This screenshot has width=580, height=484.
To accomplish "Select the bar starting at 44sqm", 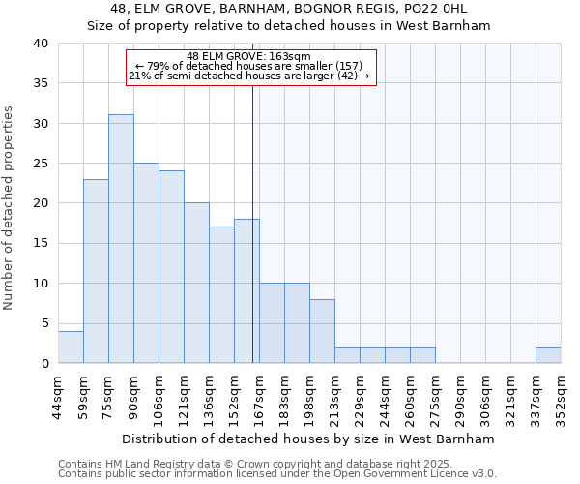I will pyautogui.click(x=71, y=347).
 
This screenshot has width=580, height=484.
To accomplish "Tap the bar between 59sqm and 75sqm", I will pyautogui.click(x=96, y=271).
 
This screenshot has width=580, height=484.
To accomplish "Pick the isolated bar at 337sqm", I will pyautogui.click(x=548, y=355).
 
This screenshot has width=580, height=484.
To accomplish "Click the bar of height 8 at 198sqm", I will pyautogui.click(x=322, y=331).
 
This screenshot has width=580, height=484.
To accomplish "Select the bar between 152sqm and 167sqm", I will pyautogui.click(x=246, y=290).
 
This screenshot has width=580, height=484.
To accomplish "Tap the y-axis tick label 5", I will pyautogui.click(x=44, y=323).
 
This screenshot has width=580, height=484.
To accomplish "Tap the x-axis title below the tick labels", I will pyautogui.click(x=308, y=439).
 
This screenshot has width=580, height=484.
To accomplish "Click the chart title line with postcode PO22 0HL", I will pyautogui.click(x=290, y=9).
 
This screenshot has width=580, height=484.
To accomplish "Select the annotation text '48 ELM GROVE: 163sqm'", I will pyautogui.click(x=249, y=57).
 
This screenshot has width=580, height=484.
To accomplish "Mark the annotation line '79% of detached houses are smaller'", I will pyautogui.click(x=249, y=67).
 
